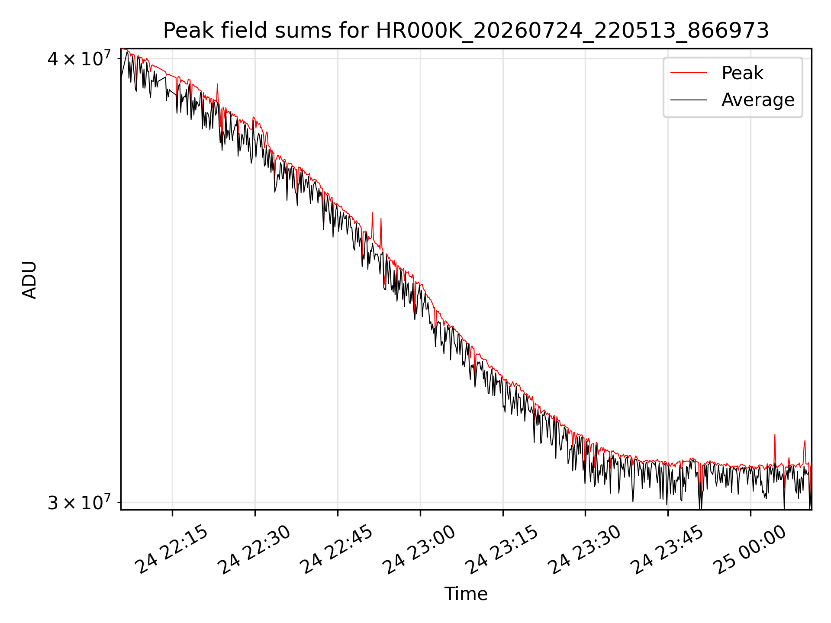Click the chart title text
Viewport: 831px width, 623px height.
pyautogui.click(x=466, y=31)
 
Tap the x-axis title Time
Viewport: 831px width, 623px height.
pyautogui.click(x=466, y=594)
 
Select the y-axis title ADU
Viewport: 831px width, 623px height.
pyautogui.click(x=29, y=279)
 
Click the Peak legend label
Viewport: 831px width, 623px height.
pyautogui.click(x=742, y=73)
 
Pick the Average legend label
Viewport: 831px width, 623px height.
pyautogui.click(x=758, y=100)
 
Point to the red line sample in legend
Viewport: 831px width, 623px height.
pyautogui.click(x=689, y=73)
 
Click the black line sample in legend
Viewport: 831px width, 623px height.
pyautogui.click(x=689, y=100)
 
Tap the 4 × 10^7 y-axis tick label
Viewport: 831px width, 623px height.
pyautogui.click(x=79, y=58)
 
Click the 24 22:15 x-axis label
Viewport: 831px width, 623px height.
pyautogui.click(x=172, y=550)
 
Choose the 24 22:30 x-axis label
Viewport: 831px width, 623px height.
pyautogui.click(x=254, y=550)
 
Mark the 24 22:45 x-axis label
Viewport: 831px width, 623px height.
pyautogui.click(x=337, y=550)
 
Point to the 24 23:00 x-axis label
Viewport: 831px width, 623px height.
pyautogui.click(x=419, y=550)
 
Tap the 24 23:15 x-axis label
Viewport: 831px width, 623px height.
pyautogui.click(x=502, y=550)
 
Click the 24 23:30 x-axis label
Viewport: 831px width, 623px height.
pyautogui.click(x=585, y=550)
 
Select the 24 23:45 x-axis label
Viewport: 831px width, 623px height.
pyautogui.click(x=667, y=550)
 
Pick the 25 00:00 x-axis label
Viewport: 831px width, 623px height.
pyautogui.click(x=750, y=550)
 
